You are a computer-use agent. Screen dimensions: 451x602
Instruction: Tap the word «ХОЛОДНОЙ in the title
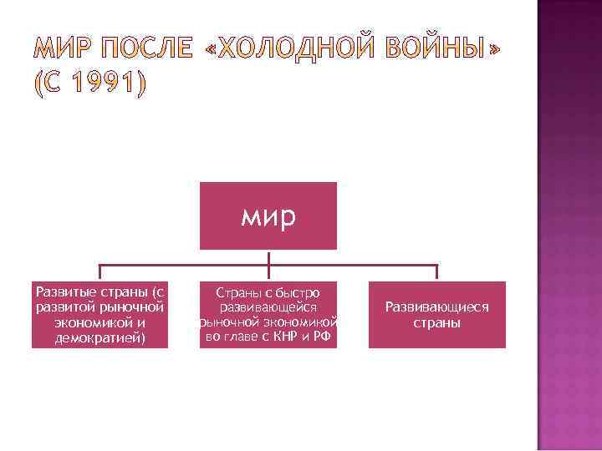click(x=289, y=49)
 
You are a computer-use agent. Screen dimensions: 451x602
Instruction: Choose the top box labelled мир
click(x=268, y=216)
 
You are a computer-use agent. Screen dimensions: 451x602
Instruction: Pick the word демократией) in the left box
click(x=99, y=337)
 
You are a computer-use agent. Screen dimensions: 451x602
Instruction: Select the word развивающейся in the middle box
click(x=268, y=307)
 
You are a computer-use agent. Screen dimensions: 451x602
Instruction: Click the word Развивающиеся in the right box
click(x=436, y=307)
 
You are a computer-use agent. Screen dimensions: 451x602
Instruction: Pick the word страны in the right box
click(x=436, y=322)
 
